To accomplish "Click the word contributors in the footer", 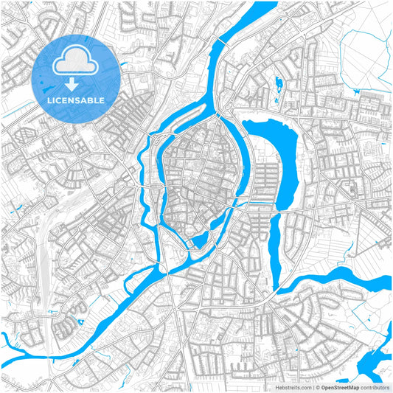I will (375, 386).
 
